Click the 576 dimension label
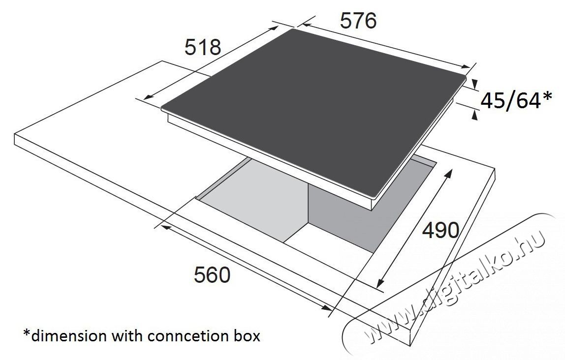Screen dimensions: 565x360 coord(358,21)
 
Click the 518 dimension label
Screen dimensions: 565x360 coord(202,48)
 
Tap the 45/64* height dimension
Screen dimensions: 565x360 coord(516,101)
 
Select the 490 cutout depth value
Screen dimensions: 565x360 coord(440,230)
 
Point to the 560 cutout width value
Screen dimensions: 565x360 coord(212,275)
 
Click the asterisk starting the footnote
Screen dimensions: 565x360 coord(27,333)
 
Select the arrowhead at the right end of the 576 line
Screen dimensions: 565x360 coord(466,66)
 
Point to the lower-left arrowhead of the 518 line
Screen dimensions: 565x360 coord(149,97)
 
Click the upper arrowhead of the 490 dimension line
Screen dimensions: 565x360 coord(449,174)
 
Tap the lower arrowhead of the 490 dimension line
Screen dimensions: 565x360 coord(380,284)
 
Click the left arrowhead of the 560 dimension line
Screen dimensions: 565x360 coord(166,227)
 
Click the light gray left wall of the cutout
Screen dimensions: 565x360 coord(252,202)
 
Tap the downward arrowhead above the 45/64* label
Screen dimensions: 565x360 coord(474,84)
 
